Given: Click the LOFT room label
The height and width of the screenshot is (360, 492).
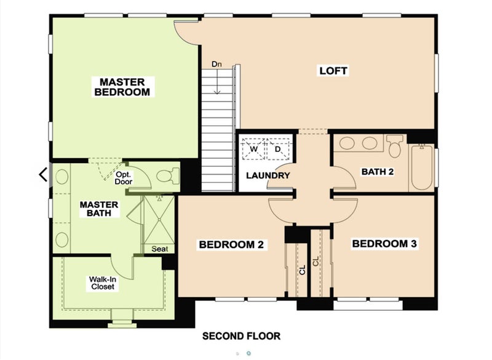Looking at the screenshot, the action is pos(333,71).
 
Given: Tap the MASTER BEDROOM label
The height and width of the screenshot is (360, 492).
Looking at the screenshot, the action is pos(122,87).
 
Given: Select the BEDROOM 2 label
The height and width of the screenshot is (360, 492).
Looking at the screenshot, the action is pos(231,244).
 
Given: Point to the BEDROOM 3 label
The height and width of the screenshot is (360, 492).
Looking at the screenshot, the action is pos(384,244).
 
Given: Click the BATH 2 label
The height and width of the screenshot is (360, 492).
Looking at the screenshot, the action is pos(378,172).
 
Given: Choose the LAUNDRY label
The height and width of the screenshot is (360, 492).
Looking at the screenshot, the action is pos(268,175).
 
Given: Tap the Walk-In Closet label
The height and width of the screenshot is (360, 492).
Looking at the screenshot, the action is pos(103,283).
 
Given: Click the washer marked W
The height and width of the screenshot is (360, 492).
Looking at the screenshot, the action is pos(253,149).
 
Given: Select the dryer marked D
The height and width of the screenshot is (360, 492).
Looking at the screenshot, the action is pos(278,149).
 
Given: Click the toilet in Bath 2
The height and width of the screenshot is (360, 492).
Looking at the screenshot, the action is pos(395,146).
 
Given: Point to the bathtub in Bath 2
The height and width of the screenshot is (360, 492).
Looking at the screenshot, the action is pos(422,167).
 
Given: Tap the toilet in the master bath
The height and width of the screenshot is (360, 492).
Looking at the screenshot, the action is pos(168,176).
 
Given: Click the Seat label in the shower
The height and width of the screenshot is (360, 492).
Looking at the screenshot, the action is pos(160,249).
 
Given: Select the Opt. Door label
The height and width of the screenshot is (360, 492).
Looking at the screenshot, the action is pos(124,178).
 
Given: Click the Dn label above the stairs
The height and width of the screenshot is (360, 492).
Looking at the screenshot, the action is pos(216,64).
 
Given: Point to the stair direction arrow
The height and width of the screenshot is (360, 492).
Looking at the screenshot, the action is pos(217,81).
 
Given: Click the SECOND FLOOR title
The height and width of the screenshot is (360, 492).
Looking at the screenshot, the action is pos(241,336).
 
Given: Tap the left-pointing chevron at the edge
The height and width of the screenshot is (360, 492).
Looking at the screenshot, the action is pos(43,175).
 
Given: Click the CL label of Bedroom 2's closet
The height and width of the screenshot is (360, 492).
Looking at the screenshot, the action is pos(302,270).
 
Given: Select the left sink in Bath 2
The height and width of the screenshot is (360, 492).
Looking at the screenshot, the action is pos(347,143).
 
